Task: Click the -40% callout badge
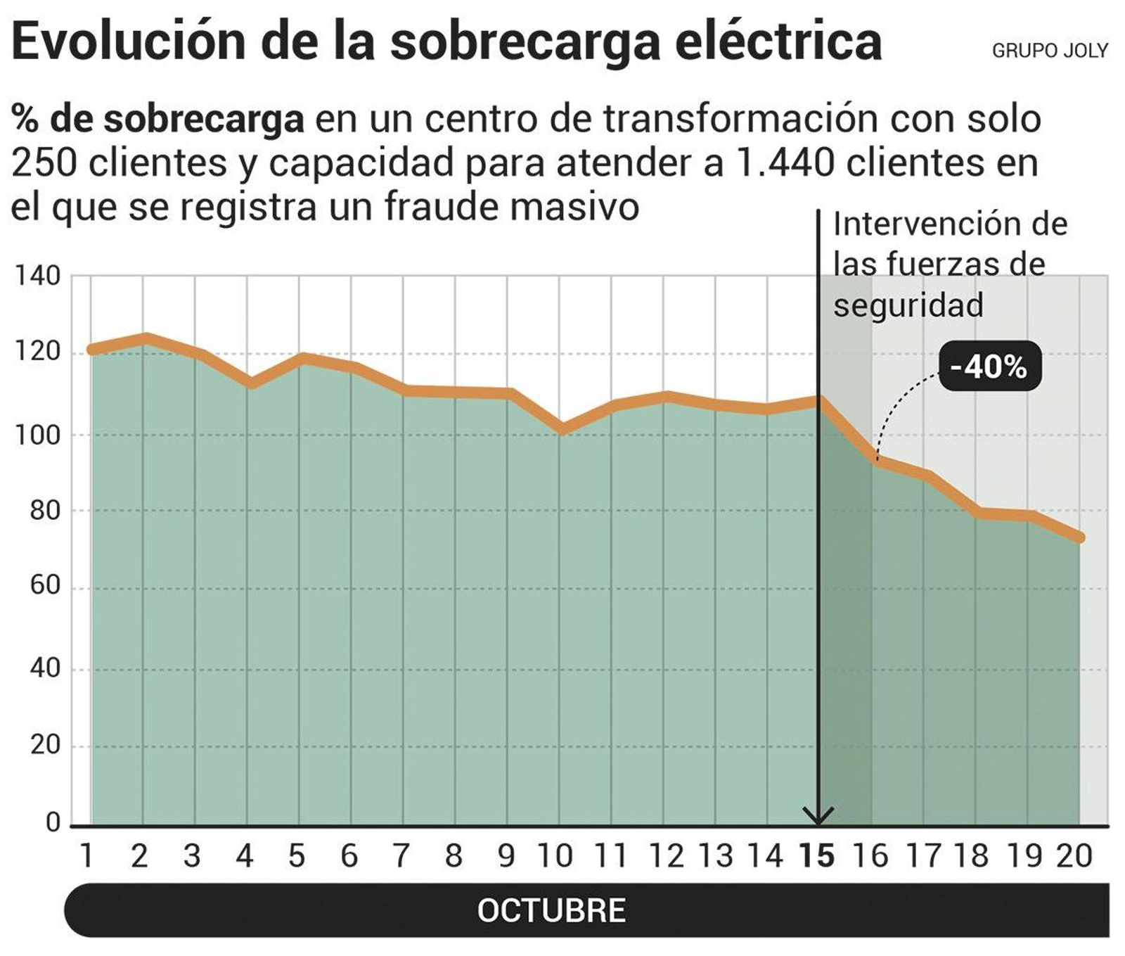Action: pos(989,367)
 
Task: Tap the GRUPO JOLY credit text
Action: pos(1050,51)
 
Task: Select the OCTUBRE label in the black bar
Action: pos(551,910)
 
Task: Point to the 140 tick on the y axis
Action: pos(38,276)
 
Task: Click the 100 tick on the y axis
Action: pos(38,435)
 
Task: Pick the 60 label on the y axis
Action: pos(45,585)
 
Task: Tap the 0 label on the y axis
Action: pos(53,822)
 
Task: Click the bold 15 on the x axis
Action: pos(817,856)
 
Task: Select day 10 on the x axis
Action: pos(555,856)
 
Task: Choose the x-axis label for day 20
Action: pos(1074,856)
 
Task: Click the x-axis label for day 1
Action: pos(87,856)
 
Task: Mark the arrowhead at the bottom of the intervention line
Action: pos(818,817)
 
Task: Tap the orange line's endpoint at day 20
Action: pos(1080,538)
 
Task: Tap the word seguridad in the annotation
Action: pos(908,305)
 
